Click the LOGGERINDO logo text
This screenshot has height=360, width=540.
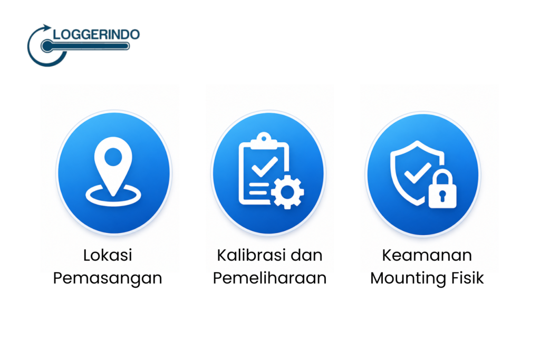coord(97,34)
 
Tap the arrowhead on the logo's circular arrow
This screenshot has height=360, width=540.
coord(46,28)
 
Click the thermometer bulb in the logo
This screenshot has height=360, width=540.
coord(47,46)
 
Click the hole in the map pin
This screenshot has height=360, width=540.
coord(113,157)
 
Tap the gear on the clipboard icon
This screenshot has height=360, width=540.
coord(287,192)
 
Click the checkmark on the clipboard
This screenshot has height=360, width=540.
coord(265,166)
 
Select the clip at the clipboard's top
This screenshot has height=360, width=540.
coord(264,140)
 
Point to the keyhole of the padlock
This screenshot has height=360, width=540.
coord(442,196)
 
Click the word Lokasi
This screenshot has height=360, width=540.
coord(108,255)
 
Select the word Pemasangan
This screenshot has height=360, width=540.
coord(108,278)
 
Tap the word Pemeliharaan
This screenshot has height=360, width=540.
coord(269,278)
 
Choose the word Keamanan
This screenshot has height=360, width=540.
coord(427,255)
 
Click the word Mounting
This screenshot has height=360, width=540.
coord(404,278)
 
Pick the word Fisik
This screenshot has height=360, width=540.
coord(464,278)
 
